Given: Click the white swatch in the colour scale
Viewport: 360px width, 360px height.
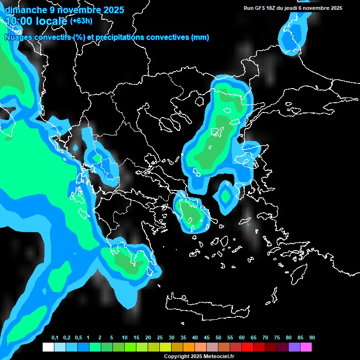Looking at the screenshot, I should coord(48,347).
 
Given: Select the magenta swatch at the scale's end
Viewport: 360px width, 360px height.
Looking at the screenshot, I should coord(306,347).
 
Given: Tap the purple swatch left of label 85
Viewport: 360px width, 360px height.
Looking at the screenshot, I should coord(294,347).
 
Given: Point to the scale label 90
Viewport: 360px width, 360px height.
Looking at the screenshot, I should coord(312,338).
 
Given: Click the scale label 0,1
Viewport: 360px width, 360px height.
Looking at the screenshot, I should coord(54,338).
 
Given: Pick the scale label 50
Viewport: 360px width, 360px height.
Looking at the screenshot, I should coord(218,338).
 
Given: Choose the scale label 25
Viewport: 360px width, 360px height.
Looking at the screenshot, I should coord(160,338).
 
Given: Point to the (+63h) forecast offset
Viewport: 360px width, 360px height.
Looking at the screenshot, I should coord(81,21).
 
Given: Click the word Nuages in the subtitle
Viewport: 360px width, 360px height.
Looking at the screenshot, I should coord(18,37).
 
